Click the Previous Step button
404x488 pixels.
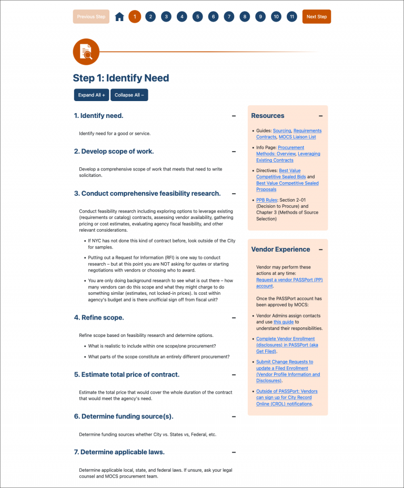pyautogui.click(x=91, y=17)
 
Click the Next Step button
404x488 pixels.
pyautogui.click(x=316, y=17)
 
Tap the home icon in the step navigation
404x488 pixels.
pyautogui.click(x=119, y=17)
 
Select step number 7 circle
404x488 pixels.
pyautogui.click(x=229, y=17)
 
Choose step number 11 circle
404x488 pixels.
pyautogui.click(x=292, y=17)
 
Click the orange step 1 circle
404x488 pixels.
pyautogui.click(x=135, y=17)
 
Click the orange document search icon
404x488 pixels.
pyautogui.click(x=86, y=52)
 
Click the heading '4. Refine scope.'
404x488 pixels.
pyautogui.click(x=99, y=317)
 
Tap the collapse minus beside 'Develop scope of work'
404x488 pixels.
pyautogui.click(x=234, y=152)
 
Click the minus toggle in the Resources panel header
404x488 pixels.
pyautogui.click(x=320, y=116)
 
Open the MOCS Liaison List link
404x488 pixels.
pyautogui.click(x=297, y=137)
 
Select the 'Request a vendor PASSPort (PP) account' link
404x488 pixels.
pyautogui.click(x=289, y=283)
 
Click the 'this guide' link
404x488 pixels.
pyautogui.click(x=284, y=322)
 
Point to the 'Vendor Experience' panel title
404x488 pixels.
pyautogui.click(x=280, y=250)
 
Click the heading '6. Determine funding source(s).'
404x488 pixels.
pyautogui.click(x=124, y=416)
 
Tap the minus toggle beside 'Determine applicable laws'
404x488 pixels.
pyautogui.click(x=234, y=452)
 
